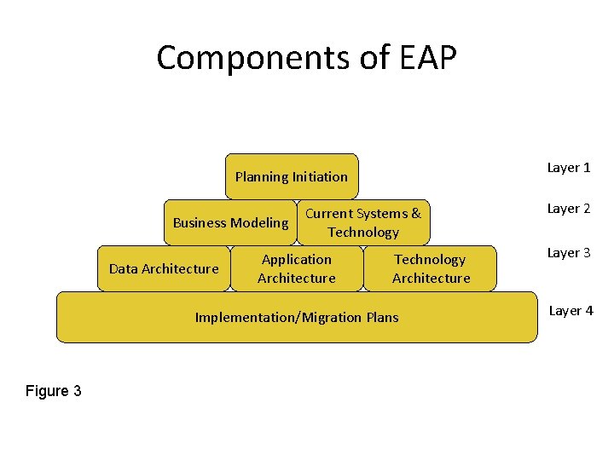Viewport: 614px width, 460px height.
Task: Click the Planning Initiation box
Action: [292, 176]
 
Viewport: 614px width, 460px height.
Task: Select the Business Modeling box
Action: [230, 222]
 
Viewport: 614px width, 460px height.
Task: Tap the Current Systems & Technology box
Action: [363, 222]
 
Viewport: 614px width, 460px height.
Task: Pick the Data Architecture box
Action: [164, 268]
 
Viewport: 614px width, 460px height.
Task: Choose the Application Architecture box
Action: [296, 268]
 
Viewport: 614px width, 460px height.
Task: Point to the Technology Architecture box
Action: [431, 268]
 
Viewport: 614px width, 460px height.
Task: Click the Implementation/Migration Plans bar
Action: [297, 317]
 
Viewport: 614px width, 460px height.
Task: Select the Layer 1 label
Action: [569, 168]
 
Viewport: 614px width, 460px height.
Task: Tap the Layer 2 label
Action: [569, 209]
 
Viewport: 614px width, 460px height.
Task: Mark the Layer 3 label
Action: [569, 253]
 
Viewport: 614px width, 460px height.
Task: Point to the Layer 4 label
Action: [571, 311]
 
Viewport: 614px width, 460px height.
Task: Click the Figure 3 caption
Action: [54, 391]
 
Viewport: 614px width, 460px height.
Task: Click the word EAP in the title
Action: [427, 58]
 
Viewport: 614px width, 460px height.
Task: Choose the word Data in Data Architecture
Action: [124, 269]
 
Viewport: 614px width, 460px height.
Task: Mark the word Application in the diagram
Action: [297, 259]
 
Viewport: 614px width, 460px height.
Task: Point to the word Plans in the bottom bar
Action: [382, 318]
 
